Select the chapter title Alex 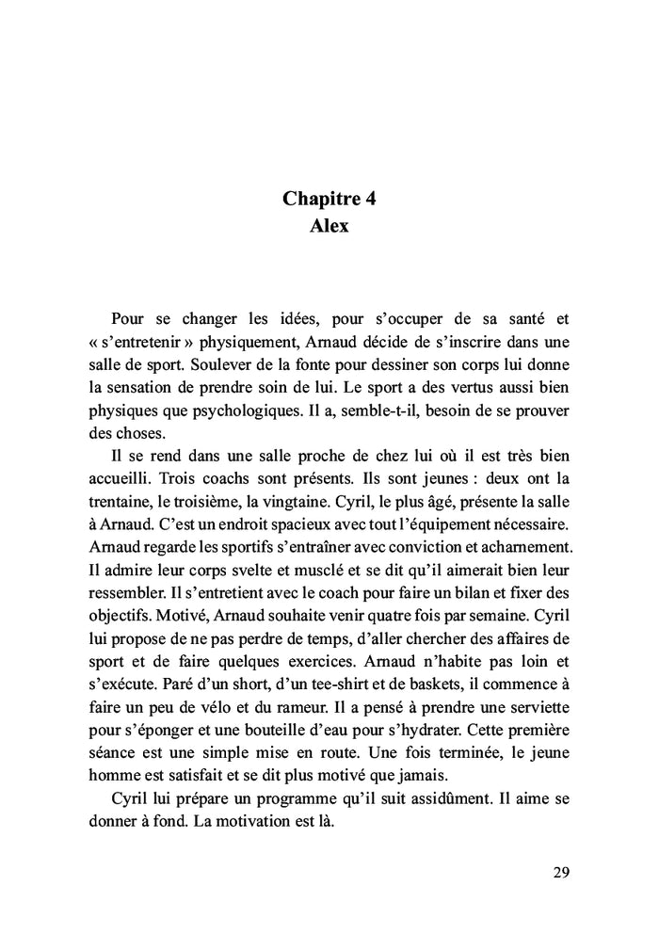click(x=329, y=226)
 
